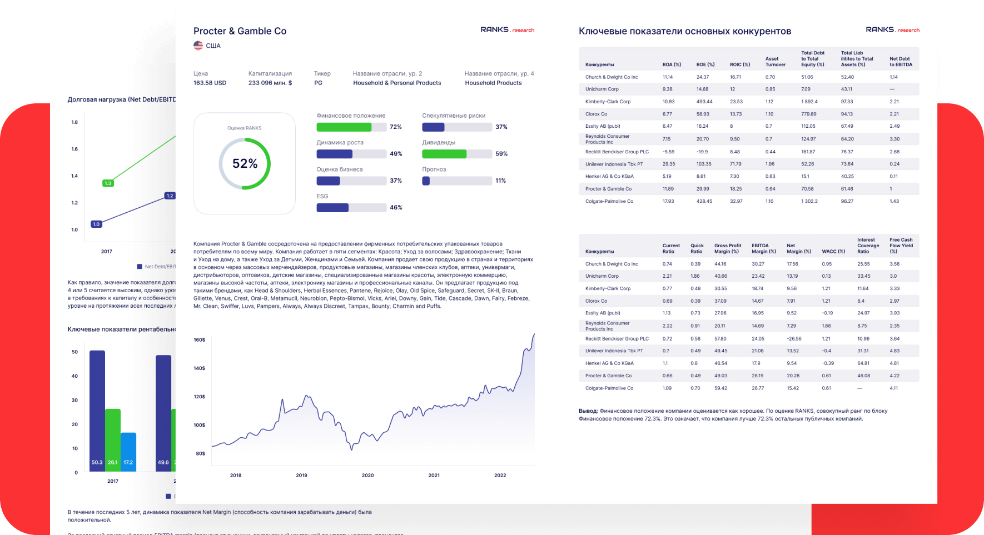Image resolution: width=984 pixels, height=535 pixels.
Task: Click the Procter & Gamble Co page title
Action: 240,31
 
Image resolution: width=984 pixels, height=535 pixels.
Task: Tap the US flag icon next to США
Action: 198,46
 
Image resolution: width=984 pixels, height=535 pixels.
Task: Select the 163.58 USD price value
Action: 210,83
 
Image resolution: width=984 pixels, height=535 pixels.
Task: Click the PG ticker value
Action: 318,83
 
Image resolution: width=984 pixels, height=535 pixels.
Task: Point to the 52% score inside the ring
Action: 245,163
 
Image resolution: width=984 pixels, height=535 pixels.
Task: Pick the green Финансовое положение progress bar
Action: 344,127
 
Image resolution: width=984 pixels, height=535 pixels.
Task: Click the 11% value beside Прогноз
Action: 500,181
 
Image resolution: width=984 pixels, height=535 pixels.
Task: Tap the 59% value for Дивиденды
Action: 501,154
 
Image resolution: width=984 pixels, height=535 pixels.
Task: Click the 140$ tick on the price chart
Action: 199,368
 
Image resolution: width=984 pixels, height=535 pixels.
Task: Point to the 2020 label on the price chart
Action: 367,476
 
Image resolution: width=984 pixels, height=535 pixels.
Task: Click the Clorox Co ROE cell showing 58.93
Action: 703,114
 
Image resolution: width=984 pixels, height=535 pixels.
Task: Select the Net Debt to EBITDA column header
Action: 900,62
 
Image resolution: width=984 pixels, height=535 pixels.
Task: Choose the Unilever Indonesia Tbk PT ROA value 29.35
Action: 668,164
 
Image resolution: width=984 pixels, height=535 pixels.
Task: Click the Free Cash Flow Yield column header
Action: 901,246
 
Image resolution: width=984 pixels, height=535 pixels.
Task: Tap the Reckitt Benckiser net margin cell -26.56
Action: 794,338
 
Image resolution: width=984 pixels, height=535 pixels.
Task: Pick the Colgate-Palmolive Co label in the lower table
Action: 609,388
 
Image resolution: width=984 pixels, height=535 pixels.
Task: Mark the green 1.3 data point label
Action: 108,183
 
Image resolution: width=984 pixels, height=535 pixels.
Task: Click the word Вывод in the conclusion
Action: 588,411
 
